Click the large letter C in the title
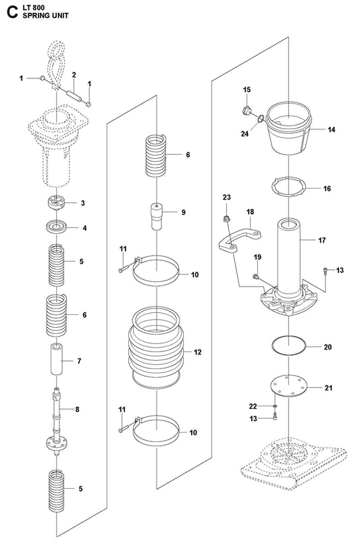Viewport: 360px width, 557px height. [x=12, y=12]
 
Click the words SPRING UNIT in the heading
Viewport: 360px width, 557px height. [x=46, y=16]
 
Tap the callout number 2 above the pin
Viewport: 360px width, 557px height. [x=74, y=74]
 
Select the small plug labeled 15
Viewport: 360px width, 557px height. [x=246, y=111]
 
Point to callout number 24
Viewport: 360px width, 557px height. [x=245, y=134]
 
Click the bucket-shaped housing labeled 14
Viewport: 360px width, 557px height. [x=289, y=128]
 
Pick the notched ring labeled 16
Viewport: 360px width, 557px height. [x=288, y=187]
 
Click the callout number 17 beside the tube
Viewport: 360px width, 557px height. [x=322, y=240]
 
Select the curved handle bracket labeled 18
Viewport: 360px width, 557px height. [x=239, y=240]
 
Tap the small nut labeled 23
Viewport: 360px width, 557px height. [x=226, y=219]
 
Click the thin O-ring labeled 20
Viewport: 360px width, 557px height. [x=288, y=345]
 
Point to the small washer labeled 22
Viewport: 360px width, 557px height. [x=275, y=406]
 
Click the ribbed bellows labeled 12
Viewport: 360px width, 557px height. [x=156, y=348]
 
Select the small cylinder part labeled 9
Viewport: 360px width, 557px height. [x=156, y=216]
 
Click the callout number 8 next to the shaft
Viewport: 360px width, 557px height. [x=77, y=409]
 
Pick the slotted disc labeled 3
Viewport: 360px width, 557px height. [x=56, y=203]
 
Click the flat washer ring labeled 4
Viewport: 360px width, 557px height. [x=57, y=227]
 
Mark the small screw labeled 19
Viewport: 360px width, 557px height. [x=255, y=276]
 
